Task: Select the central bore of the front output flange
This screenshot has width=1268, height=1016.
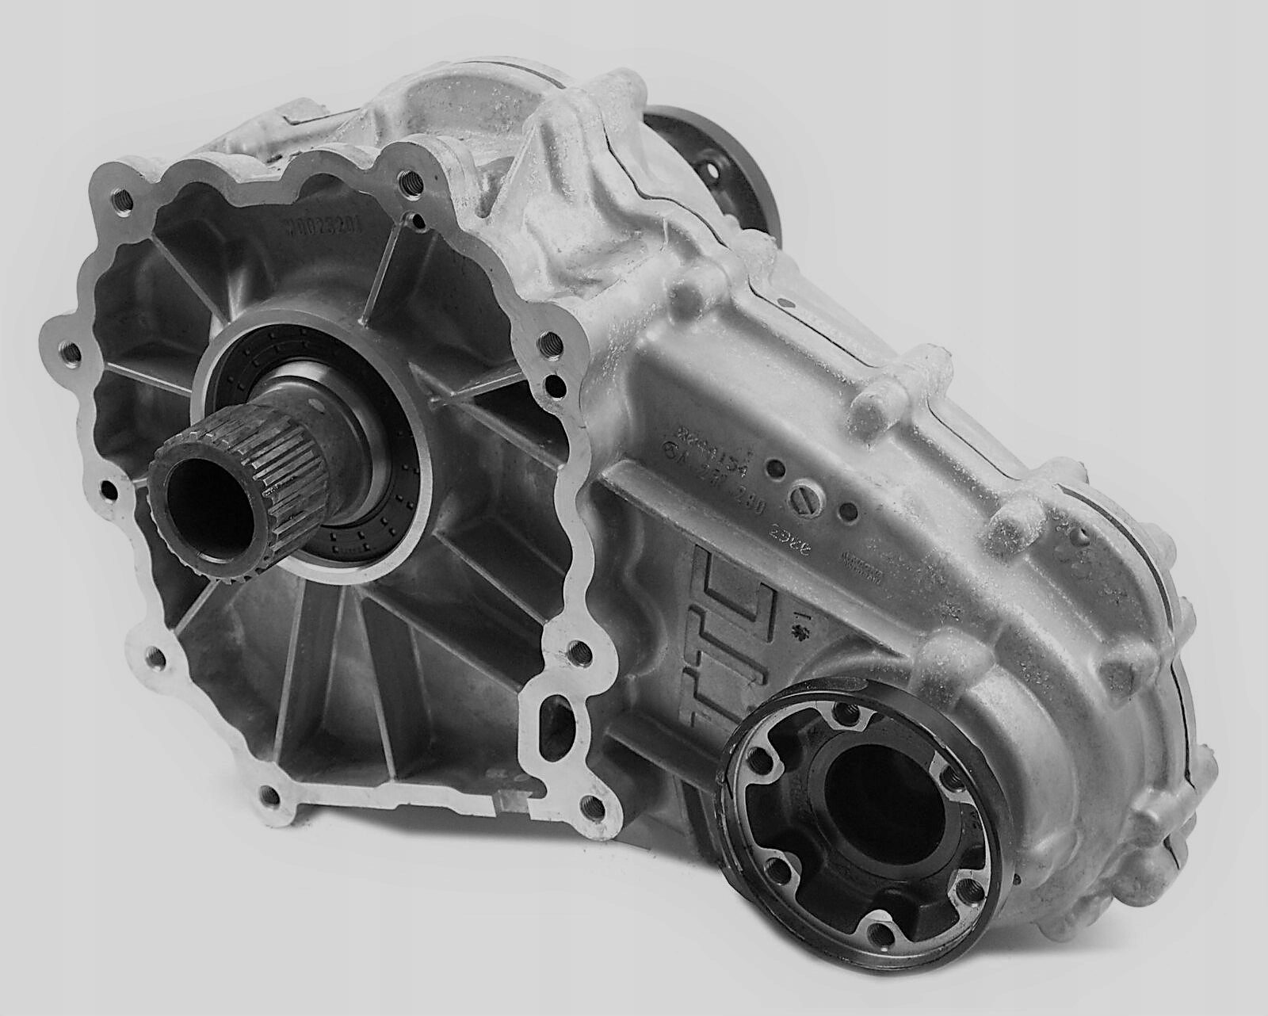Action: pos(864,785)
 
